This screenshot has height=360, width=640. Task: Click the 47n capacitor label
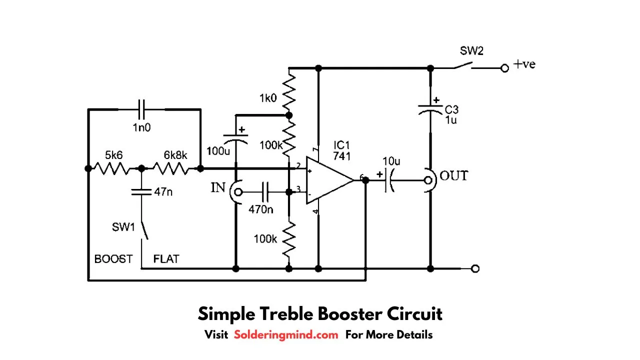pos(163,191)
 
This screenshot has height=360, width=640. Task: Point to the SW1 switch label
pos(123,227)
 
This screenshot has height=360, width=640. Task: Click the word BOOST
pos(113,259)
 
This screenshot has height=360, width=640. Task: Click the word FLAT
pos(166,259)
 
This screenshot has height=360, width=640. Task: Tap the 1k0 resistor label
pos(267,98)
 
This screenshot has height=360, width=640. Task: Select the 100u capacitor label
pos(218,150)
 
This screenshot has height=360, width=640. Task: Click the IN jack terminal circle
pos(238,191)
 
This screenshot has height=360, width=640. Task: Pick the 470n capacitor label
pos(261,209)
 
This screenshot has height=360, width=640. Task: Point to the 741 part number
pos(342,156)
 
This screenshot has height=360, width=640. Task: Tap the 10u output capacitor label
pos(391,161)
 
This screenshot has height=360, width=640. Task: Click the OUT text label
pos(453,176)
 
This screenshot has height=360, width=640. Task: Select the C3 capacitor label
pos(451,109)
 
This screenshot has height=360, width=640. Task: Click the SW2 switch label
pos(471,50)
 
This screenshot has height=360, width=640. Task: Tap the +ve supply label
pos(524,64)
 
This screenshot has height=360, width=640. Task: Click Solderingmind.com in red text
pos(286,334)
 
